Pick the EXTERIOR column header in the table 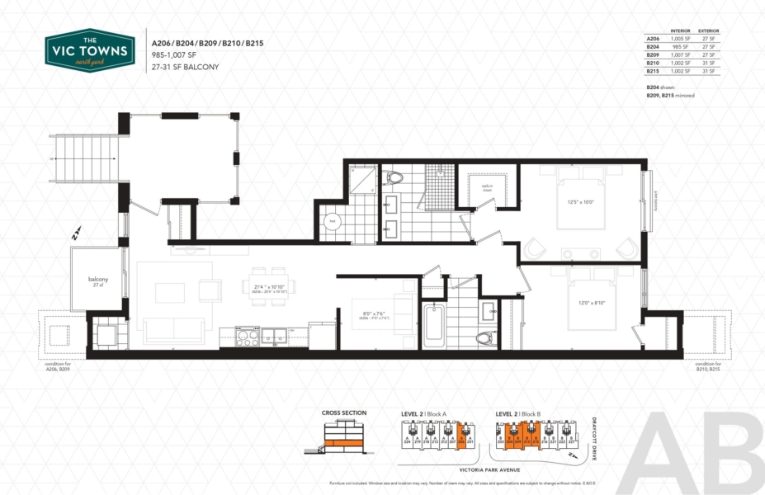pyautogui.click(x=708, y=31)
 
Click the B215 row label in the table pyautogui.click(x=653, y=71)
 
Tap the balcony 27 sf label pyautogui.click(x=98, y=281)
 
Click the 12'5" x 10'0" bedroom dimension pyautogui.click(x=579, y=202)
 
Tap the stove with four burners pyautogui.click(x=248, y=335)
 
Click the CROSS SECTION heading pyautogui.click(x=343, y=413)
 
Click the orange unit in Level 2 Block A pyautogui.click(x=462, y=432)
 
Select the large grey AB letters pyautogui.click(x=701, y=454)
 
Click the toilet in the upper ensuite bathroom pyautogui.click(x=394, y=177)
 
